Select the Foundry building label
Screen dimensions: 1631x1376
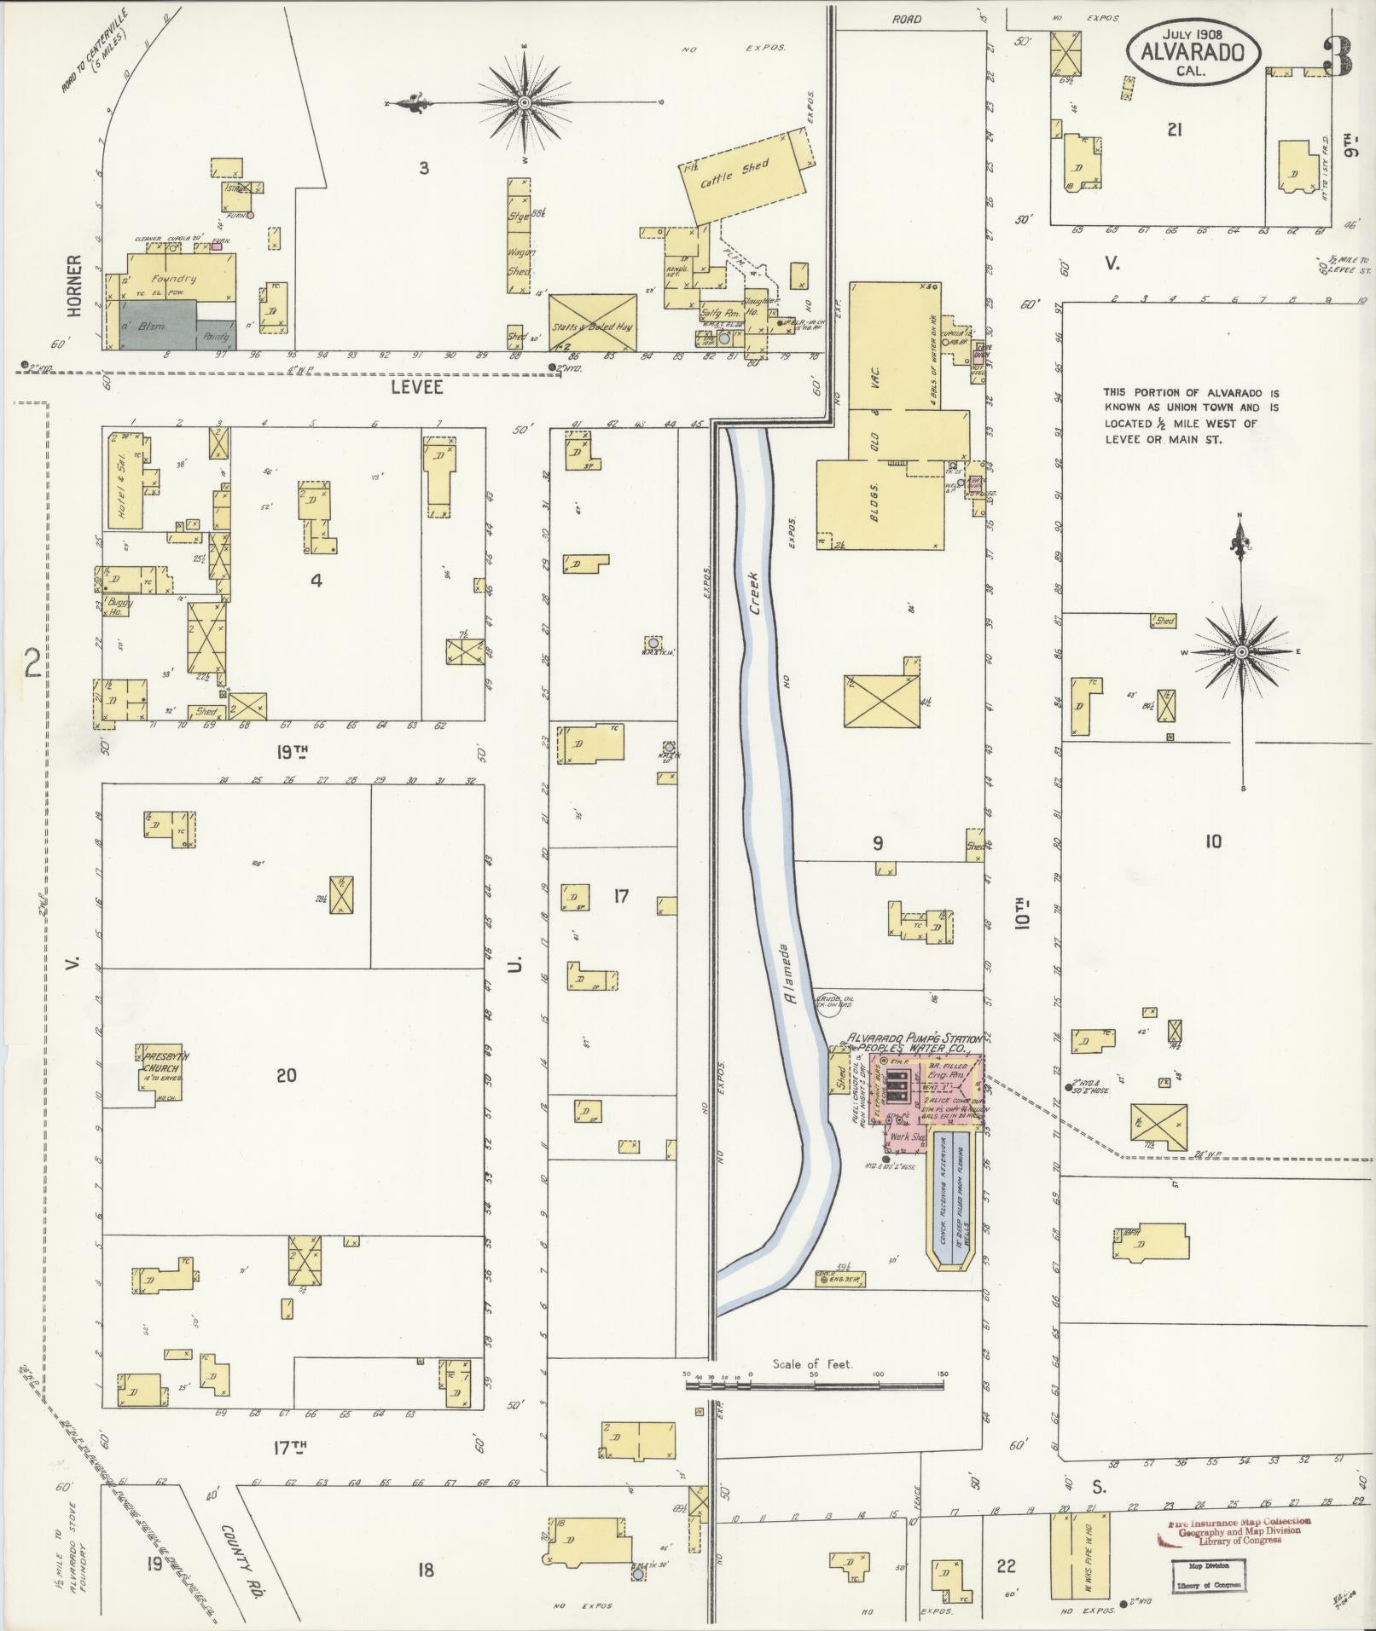[x=174, y=279]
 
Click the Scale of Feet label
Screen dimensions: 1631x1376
[x=812, y=1364]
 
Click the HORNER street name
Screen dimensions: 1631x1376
[x=75, y=286]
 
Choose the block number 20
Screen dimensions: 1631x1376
[x=286, y=1076]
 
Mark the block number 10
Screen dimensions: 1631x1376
[x=1212, y=842]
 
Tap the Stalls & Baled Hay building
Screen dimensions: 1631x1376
[x=593, y=323]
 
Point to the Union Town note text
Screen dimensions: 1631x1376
[x=1191, y=416]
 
